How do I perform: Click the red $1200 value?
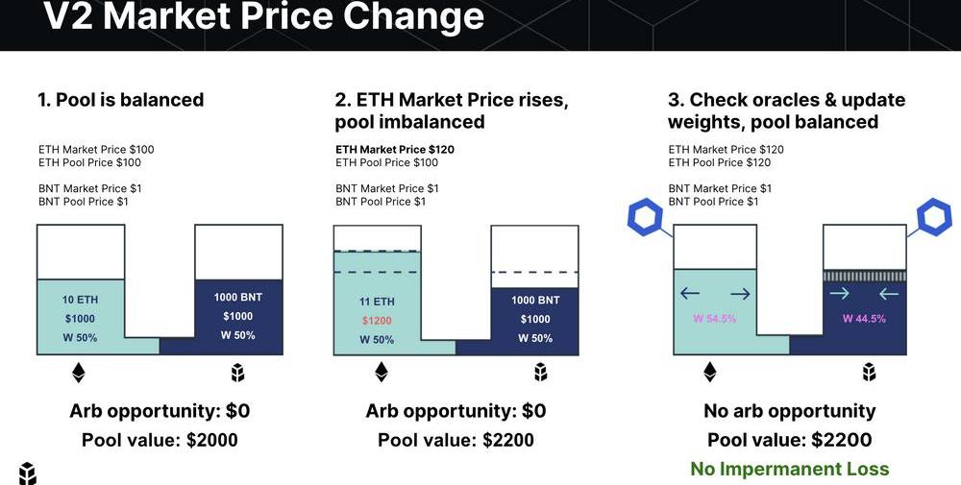click(377, 320)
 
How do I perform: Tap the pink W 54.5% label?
click(715, 319)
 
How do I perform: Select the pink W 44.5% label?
click(864, 319)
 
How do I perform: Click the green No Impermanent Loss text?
click(789, 469)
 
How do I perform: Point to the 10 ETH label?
click(80, 300)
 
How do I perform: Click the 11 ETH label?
click(377, 302)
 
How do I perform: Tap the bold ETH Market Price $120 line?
click(395, 150)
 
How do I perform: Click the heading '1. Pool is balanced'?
click(121, 100)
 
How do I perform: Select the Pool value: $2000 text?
click(160, 440)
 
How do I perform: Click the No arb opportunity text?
click(789, 411)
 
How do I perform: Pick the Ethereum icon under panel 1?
click(79, 373)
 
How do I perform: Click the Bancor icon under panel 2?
click(540, 372)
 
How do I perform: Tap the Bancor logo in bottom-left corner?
click(28, 473)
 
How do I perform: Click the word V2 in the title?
click(68, 16)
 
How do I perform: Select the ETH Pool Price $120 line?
click(720, 162)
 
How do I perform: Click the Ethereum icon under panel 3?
click(709, 372)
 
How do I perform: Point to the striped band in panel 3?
click(864, 277)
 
